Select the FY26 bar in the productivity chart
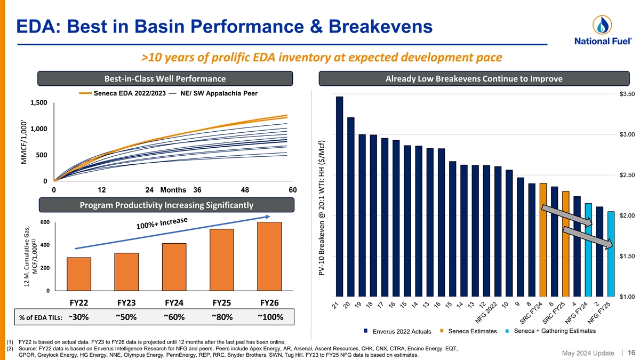(x=269, y=256)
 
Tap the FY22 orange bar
(x=79, y=274)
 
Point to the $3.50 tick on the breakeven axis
(x=627, y=94)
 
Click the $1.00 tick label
(x=627, y=297)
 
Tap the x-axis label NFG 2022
(x=487, y=312)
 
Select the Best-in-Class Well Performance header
(x=165, y=79)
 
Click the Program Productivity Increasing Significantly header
(x=165, y=205)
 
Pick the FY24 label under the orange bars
(x=174, y=302)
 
